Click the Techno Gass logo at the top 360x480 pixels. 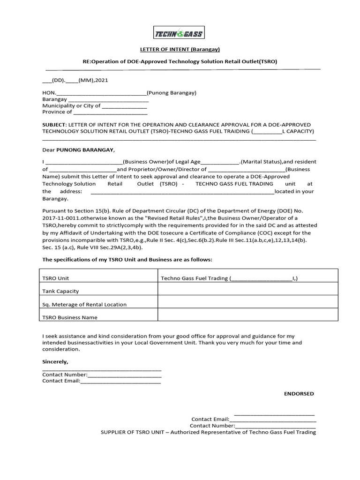(x=179, y=33)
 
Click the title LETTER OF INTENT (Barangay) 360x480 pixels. (x=180, y=49)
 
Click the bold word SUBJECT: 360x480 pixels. (x=54, y=125)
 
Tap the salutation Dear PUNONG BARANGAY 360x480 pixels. (x=78, y=150)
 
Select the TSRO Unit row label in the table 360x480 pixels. (x=56, y=278)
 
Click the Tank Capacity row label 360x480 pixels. (x=60, y=291)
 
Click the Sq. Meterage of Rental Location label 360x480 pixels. (x=84, y=304)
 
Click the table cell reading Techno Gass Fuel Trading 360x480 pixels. (x=229, y=278)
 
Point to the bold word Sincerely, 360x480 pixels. (x=55, y=362)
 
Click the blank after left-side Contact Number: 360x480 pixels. (x=124, y=375)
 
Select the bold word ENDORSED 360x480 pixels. (x=299, y=394)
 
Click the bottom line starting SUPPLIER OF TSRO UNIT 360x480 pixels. (x=208, y=432)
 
